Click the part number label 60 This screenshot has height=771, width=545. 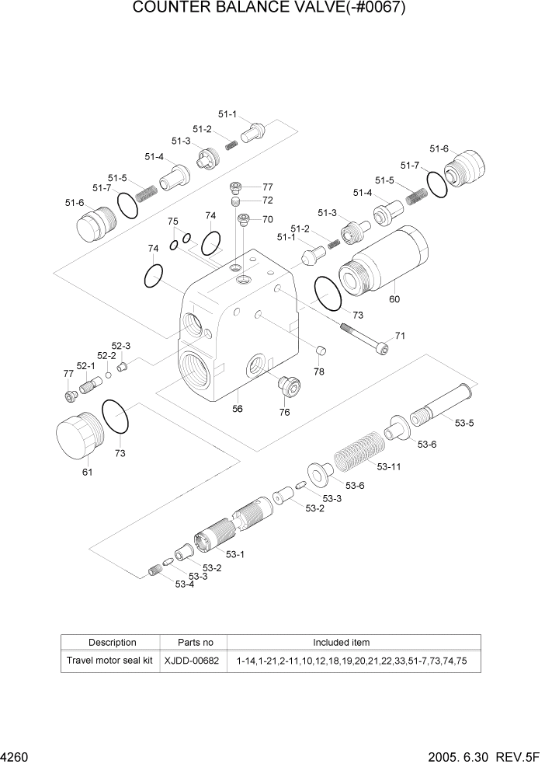pyautogui.click(x=394, y=299)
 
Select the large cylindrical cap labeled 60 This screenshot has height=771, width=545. pyautogui.click(x=382, y=260)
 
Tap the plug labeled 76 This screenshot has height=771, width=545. pyautogui.click(x=288, y=385)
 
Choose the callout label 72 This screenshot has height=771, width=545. pyautogui.click(x=267, y=201)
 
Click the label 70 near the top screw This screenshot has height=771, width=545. pyautogui.click(x=267, y=219)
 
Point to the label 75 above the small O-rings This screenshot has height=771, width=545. pyautogui.click(x=173, y=222)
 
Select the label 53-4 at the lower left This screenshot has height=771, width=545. pyautogui.click(x=184, y=584)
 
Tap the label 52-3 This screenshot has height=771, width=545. pyautogui.click(x=120, y=346)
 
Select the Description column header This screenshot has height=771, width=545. pyautogui.click(x=112, y=643)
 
